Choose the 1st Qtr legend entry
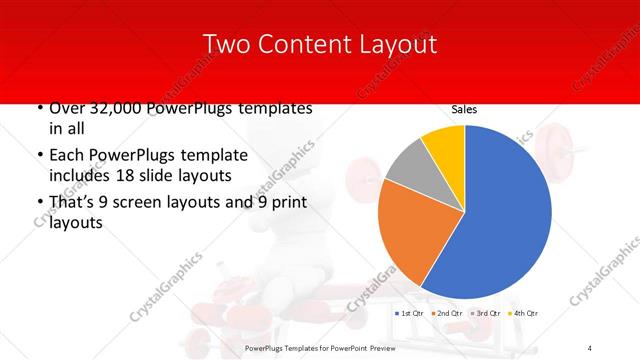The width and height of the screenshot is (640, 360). [x=410, y=314]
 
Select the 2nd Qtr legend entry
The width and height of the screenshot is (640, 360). [x=446, y=314]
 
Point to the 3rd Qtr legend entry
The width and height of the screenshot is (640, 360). [x=484, y=314]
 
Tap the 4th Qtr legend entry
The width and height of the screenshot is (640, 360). [x=522, y=314]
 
